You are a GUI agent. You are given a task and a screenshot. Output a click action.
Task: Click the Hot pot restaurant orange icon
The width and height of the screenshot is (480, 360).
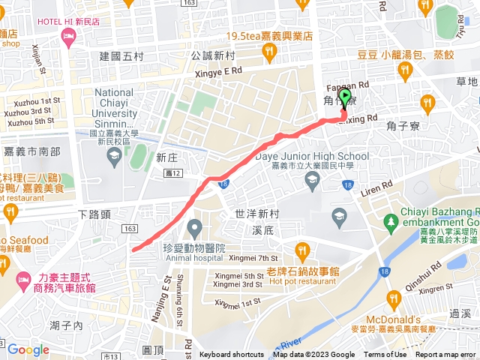[302, 250]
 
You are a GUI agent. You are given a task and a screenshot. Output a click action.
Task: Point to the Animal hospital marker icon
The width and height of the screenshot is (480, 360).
[195, 226]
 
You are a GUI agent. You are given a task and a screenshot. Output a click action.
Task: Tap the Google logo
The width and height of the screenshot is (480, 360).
[28, 349]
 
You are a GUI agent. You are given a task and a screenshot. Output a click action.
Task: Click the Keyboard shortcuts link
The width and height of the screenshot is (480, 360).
[232, 355]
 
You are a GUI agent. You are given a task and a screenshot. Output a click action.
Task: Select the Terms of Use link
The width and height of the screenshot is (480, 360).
[385, 355]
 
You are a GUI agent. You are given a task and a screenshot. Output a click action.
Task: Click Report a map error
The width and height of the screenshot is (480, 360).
[446, 355]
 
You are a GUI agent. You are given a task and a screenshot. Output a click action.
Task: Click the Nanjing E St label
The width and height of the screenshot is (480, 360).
[158, 287]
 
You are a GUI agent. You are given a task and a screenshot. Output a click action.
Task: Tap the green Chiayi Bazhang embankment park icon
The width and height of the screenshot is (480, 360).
[390, 222]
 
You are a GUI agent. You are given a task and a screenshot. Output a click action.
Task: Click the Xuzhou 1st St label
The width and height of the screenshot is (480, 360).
[31, 100]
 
